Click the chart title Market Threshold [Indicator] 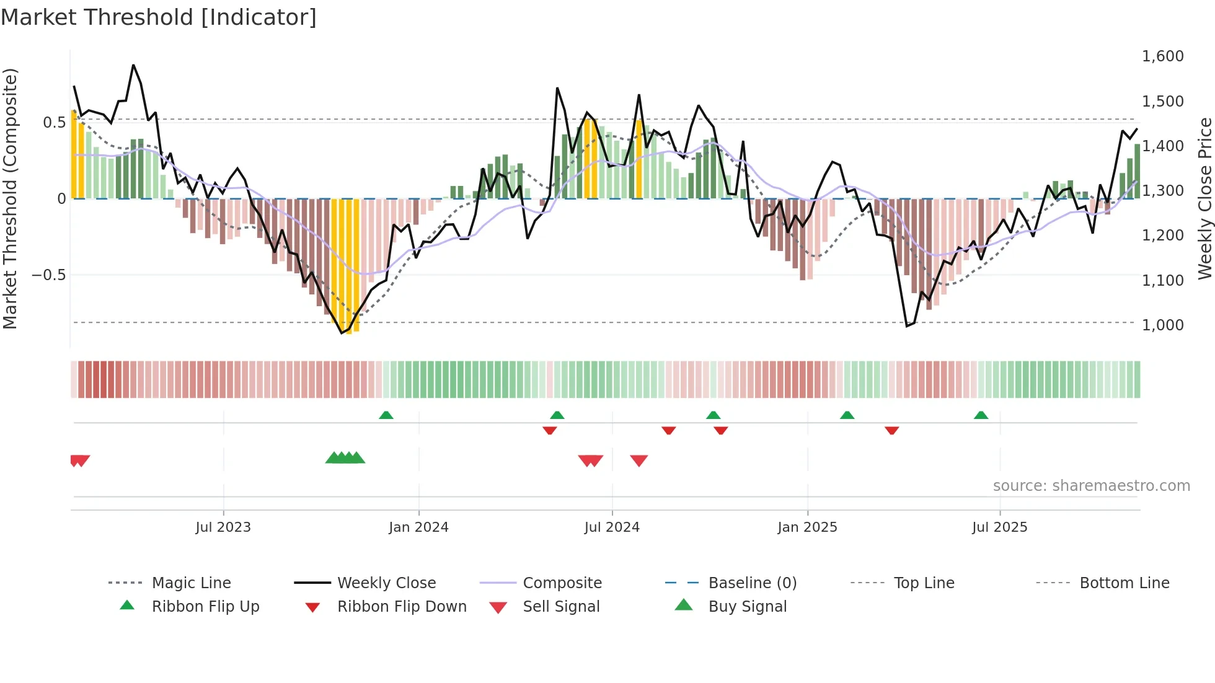(x=159, y=17)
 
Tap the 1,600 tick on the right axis (x=1162, y=56)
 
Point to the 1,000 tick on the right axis (x=1162, y=325)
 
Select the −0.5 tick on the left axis (x=49, y=275)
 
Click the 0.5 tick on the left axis (x=54, y=123)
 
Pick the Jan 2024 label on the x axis (x=418, y=527)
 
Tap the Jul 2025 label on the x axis (x=999, y=527)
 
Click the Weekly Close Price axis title (x=1204, y=198)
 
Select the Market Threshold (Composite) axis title (x=10, y=198)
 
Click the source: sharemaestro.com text (x=1091, y=486)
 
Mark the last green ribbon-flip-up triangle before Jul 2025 (x=981, y=415)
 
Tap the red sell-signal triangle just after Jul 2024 (x=639, y=460)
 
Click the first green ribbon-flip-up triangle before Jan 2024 (x=386, y=415)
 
